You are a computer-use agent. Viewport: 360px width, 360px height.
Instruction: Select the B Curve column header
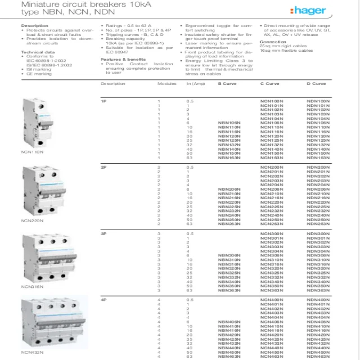227,83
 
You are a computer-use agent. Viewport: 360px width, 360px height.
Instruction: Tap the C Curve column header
271,83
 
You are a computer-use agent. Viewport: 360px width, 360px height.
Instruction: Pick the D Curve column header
316,83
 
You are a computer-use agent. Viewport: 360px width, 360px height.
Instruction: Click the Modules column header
166,83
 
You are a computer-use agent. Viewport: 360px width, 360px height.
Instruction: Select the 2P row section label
103,167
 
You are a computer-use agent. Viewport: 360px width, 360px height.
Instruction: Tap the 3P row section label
103,233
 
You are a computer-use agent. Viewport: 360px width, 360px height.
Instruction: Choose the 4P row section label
103,300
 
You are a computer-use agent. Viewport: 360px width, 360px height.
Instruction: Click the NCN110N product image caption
33,152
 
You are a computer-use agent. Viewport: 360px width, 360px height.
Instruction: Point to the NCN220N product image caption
33,219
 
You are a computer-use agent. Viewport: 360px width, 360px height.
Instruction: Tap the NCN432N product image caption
33,353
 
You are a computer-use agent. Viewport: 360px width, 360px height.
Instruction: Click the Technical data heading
34,52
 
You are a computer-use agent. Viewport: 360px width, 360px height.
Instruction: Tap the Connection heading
273,42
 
